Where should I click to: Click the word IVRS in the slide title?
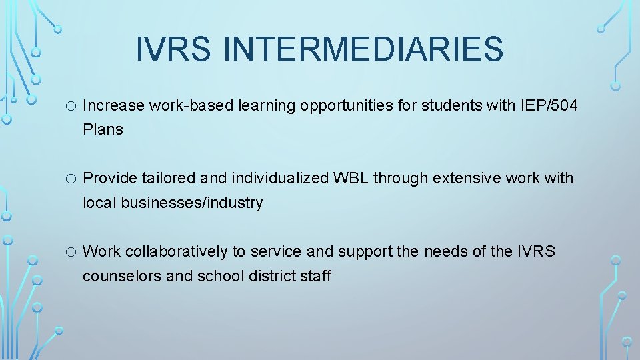(173, 49)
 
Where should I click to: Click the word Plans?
(103, 130)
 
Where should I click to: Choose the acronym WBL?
(350, 179)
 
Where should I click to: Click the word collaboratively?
(176, 252)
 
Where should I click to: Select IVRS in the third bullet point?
(536, 252)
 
